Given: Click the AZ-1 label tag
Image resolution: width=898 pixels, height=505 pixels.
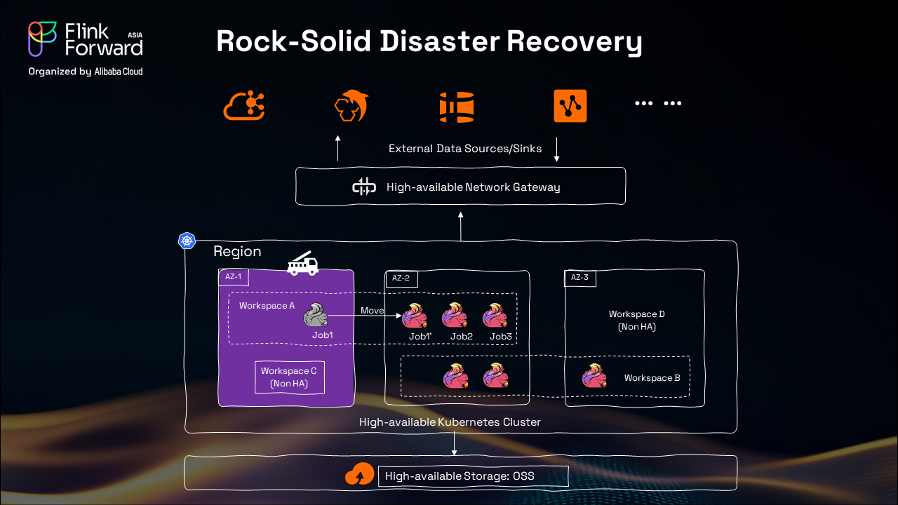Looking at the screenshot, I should tap(233, 276).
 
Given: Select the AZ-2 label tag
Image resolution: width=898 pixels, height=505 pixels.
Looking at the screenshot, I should tap(401, 278).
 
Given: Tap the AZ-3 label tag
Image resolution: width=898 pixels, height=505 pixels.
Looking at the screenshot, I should tap(579, 278).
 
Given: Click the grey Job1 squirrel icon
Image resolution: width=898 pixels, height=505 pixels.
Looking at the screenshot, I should tap(316, 316).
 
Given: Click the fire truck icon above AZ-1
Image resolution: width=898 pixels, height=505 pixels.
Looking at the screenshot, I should tap(303, 263).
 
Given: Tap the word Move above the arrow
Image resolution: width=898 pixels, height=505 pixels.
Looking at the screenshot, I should tap(373, 310).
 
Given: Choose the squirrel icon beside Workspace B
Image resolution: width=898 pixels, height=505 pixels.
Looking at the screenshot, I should tap(594, 377).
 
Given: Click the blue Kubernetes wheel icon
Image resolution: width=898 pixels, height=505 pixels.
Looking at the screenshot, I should tap(187, 241).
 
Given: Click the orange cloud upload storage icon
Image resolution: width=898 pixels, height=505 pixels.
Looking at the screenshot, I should tap(359, 476).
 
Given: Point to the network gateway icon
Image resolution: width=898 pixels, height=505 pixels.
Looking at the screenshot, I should tap(364, 187).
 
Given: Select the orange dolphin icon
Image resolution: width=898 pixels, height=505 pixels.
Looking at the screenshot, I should tap(351, 107).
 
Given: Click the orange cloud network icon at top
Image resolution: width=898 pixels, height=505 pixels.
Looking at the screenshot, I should tap(243, 107).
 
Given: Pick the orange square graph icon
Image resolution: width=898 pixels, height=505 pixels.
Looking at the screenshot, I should tap(570, 107).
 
